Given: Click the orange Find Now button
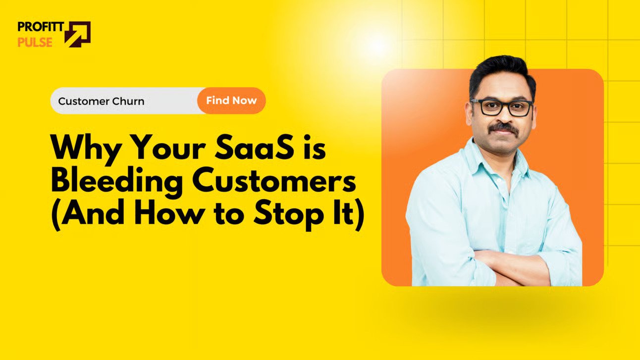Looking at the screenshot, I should pyautogui.click(x=231, y=101).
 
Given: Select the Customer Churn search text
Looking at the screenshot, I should pyautogui.click(x=101, y=102).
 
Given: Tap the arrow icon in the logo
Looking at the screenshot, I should pyautogui.click(x=77, y=34).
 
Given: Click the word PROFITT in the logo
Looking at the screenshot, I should pyautogui.click(x=41, y=26).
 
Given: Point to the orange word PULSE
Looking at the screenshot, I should pyautogui.click(x=35, y=42).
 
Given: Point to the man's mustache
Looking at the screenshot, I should pyautogui.click(x=503, y=128).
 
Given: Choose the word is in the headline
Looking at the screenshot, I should pyautogui.click(x=315, y=148).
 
